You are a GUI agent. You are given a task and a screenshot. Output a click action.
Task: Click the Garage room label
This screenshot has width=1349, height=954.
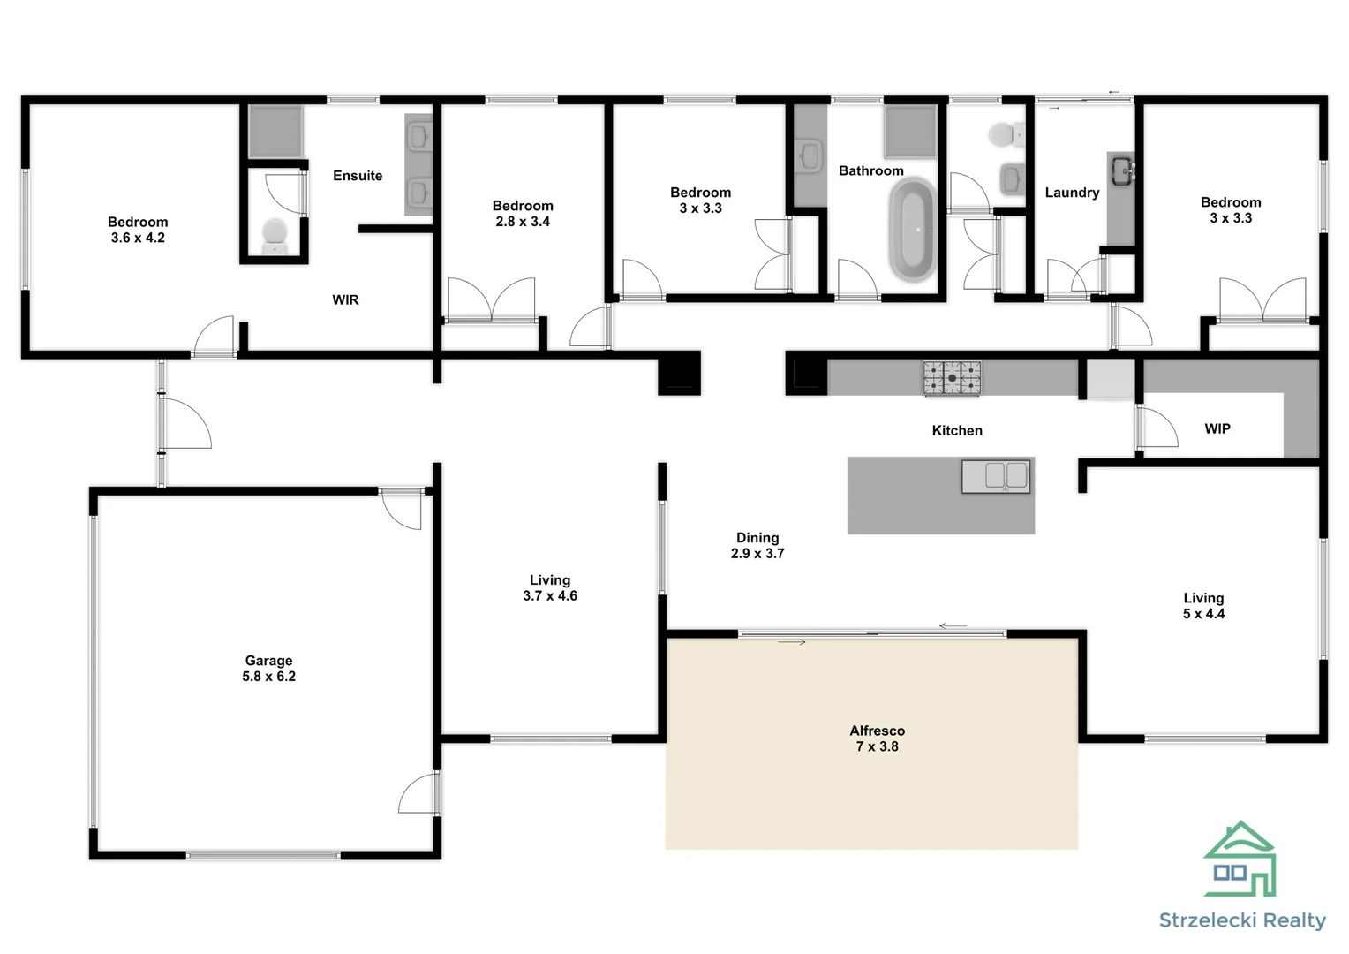268,669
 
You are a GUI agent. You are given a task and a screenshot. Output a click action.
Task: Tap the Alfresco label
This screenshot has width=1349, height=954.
877,738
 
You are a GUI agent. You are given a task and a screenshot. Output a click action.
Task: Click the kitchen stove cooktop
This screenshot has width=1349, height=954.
952,378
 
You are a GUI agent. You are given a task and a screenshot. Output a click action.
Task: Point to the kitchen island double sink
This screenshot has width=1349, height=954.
995,476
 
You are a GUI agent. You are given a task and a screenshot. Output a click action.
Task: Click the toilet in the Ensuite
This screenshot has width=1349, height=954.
275,235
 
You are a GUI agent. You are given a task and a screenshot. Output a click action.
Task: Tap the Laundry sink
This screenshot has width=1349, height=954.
1121,170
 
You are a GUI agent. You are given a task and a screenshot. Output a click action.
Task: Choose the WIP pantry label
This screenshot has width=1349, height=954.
1217,428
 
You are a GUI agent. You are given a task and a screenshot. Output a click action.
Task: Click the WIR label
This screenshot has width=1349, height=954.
345,300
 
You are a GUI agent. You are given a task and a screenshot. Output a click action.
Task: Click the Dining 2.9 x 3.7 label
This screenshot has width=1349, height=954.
757,546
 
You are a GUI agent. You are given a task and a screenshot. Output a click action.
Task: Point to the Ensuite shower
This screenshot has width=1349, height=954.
275,132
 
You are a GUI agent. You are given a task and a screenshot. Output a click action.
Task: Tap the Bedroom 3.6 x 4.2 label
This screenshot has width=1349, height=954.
138,230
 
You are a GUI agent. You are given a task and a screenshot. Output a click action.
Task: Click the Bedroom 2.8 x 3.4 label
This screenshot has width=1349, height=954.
523,214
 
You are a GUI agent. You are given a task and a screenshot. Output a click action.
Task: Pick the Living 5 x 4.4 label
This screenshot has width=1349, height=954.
1203,606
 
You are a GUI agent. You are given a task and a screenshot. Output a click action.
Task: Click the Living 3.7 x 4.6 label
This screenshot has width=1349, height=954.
549,588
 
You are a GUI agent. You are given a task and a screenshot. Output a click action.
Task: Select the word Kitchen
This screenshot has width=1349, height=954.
957,431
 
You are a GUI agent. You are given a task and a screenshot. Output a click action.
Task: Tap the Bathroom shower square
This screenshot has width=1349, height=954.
910,132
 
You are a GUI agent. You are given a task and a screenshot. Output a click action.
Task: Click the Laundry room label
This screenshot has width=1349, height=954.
1072,193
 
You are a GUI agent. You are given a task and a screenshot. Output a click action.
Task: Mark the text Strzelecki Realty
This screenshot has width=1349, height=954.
1242,920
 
